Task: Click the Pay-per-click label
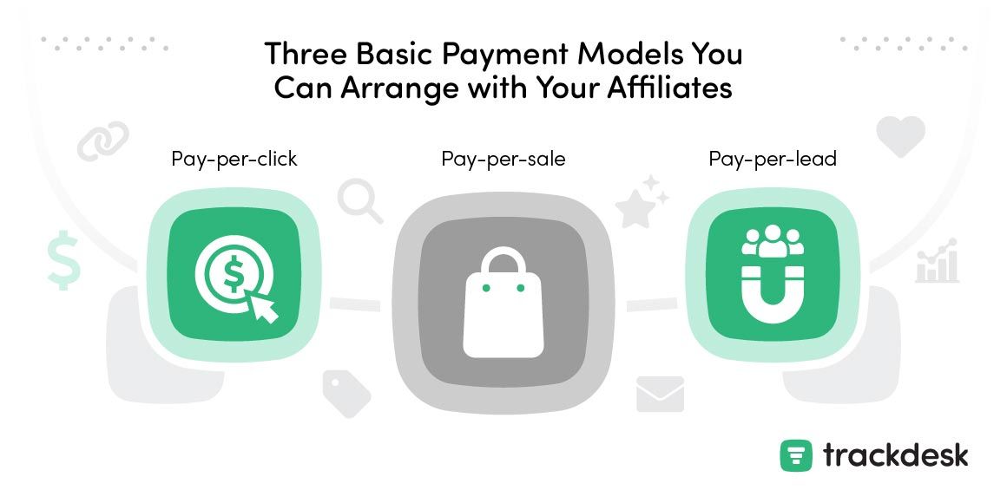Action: coord(234,159)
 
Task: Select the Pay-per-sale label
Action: coord(503,159)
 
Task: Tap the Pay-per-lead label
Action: coord(773,159)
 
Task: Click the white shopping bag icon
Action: coord(503,302)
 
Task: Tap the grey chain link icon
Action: coord(102,141)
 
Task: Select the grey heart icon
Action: coord(900,135)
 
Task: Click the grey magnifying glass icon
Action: coord(360,201)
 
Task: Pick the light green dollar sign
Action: coord(63,259)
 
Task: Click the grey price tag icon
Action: coord(346,393)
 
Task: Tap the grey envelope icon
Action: coord(660,394)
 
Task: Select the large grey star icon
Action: coord(635,207)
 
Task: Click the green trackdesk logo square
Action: coord(796,455)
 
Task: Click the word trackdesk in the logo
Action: coord(895,455)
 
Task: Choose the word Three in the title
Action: coord(306,53)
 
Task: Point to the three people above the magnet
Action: coord(773,240)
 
